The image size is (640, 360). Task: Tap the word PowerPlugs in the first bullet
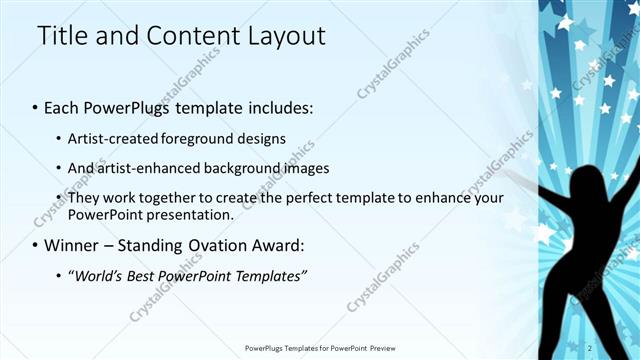[x=135, y=106]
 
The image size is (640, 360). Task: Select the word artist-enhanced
[x=145, y=168]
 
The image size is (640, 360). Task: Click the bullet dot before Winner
[x=36, y=246]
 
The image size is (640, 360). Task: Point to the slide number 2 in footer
[x=618, y=347]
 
